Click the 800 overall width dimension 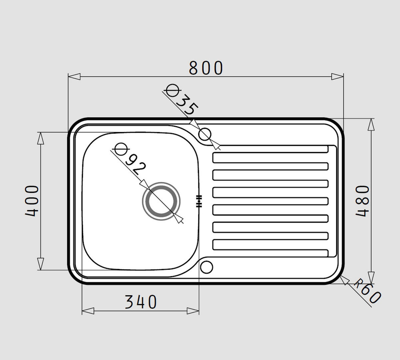pyautogui.click(x=206, y=68)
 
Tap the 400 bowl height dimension pyautogui.click(x=32, y=201)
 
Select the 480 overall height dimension pyautogui.click(x=362, y=201)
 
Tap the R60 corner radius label pyautogui.click(x=367, y=293)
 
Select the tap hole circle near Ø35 pyautogui.click(x=205, y=134)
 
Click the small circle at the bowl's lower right pyautogui.click(x=207, y=267)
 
